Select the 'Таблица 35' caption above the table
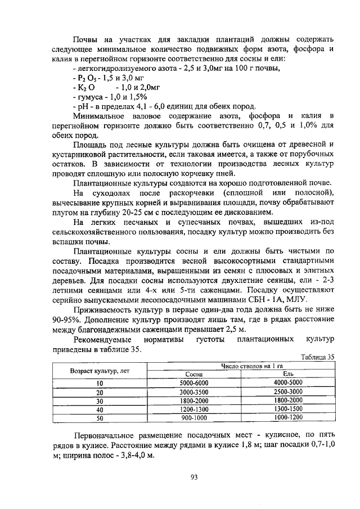[318, 357]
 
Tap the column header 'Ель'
[288, 373]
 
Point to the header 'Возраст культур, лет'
[100, 370]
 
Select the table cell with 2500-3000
[288, 391]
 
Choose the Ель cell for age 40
[288, 409]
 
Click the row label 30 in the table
[100, 400]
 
